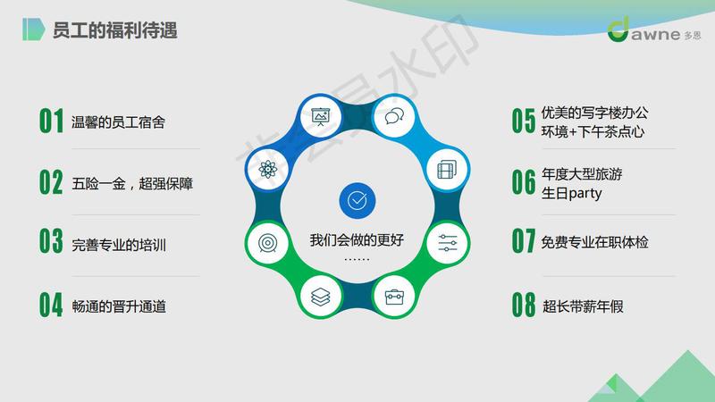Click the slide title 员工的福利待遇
click(x=114, y=30)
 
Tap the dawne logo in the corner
click(x=654, y=30)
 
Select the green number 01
click(x=51, y=121)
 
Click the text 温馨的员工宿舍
click(x=118, y=122)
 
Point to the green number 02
click(x=51, y=182)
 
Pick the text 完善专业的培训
click(x=119, y=245)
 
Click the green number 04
click(x=51, y=305)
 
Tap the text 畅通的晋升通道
click(x=119, y=306)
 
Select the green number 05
click(x=524, y=121)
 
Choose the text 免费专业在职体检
click(x=594, y=242)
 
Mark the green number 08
click(x=524, y=305)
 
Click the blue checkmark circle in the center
click(x=357, y=200)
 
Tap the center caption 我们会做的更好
click(x=357, y=239)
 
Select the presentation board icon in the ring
click(x=320, y=117)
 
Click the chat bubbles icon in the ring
click(x=394, y=117)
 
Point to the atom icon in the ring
click(x=267, y=170)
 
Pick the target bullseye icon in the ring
click(x=267, y=243)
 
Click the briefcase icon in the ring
click(x=394, y=297)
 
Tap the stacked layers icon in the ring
click(x=321, y=297)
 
